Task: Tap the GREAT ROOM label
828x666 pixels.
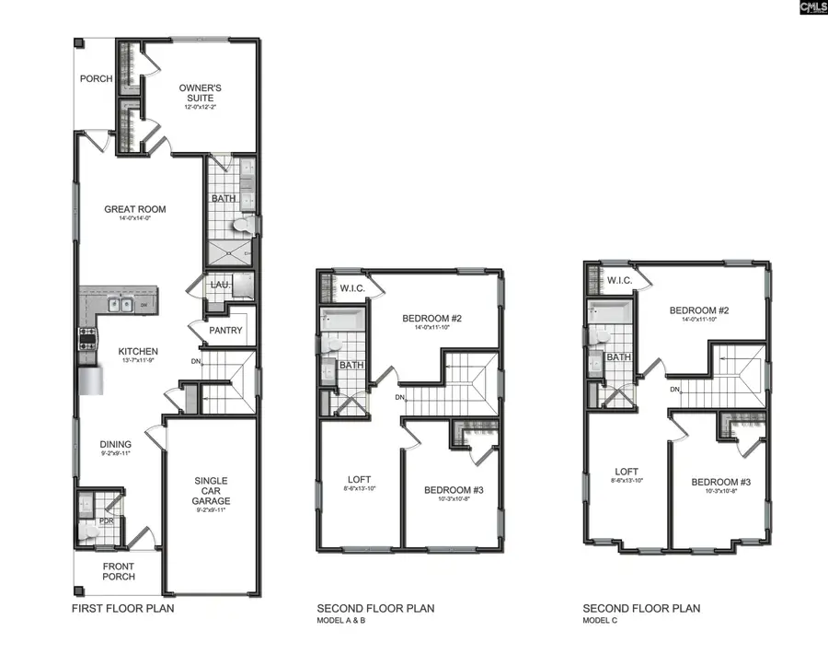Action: pos(134,210)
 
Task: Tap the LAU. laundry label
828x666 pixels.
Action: pos(220,285)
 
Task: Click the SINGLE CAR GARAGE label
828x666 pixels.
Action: pos(212,491)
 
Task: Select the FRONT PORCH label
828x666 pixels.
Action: pos(119,571)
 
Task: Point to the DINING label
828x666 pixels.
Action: pos(116,444)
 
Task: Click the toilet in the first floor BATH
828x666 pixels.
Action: pos(242,224)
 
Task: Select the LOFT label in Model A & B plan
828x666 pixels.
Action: pos(359,480)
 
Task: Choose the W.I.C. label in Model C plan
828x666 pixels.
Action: pos(615,281)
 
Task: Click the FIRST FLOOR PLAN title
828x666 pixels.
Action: pos(123,609)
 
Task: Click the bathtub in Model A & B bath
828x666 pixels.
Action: pos(343,320)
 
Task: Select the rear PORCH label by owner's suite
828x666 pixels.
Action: pos(96,79)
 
